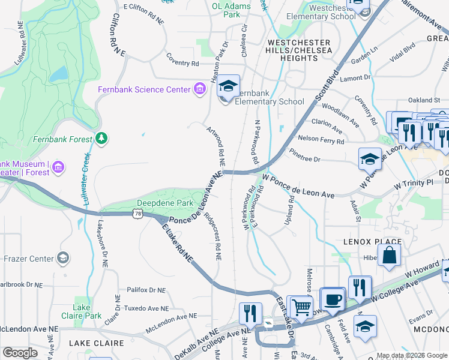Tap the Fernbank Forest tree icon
(x=101, y=139)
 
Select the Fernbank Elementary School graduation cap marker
(x=228, y=88)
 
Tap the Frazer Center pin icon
(x=62, y=259)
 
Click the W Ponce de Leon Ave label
(x=298, y=187)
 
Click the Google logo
(x=20, y=353)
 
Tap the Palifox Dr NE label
(x=146, y=290)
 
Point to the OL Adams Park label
(x=226, y=10)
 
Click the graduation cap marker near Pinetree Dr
(x=370, y=160)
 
